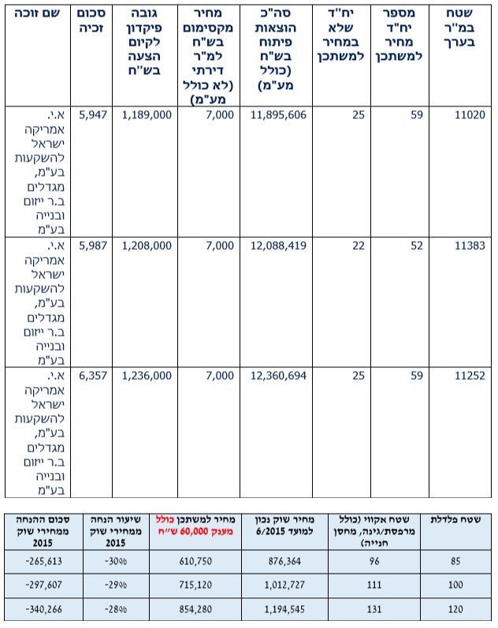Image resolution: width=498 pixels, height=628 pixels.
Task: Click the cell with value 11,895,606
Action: pyautogui.click(x=278, y=115)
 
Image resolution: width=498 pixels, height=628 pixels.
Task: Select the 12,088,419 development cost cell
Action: pyautogui.click(x=278, y=246)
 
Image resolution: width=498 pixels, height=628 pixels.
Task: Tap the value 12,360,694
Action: pyautogui.click(x=278, y=376)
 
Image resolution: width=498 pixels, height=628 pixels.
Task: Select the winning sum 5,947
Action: pyautogui.click(x=92, y=115)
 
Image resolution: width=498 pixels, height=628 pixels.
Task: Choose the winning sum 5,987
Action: pyautogui.click(x=92, y=246)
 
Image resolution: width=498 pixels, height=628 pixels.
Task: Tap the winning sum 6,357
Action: pyautogui.click(x=92, y=376)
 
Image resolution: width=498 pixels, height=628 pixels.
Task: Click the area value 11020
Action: pyautogui.click(x=470, y=115)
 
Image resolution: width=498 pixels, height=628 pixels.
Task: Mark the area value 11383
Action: pyautogui.click(x=470, y=246)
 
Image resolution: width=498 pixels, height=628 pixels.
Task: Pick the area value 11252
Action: pyautogui.click(x=470, y=376)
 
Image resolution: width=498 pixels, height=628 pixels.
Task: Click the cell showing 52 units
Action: pyautogui.click(x=415, y=246)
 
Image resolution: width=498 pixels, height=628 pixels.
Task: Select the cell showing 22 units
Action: pyautogui.click(x=359, y=246)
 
